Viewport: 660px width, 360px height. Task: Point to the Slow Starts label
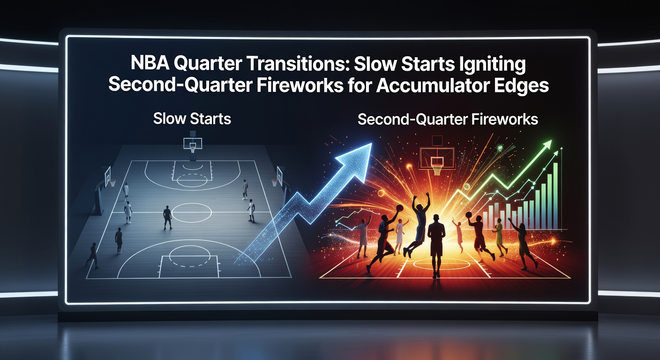coord(192,119)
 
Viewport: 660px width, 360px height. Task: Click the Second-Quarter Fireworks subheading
coord(447,120)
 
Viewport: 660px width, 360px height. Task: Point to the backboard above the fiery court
coord(437,155)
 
